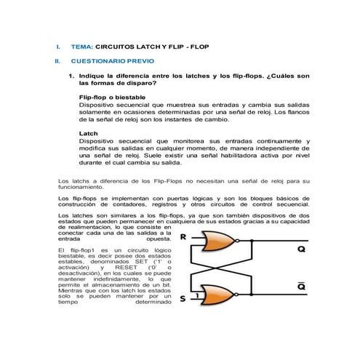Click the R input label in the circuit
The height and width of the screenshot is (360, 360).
point(182,237)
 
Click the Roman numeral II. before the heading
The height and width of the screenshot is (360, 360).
point(57,61)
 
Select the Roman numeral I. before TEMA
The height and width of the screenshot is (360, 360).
point(57,46)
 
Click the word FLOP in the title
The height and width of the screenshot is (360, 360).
point(196,46)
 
